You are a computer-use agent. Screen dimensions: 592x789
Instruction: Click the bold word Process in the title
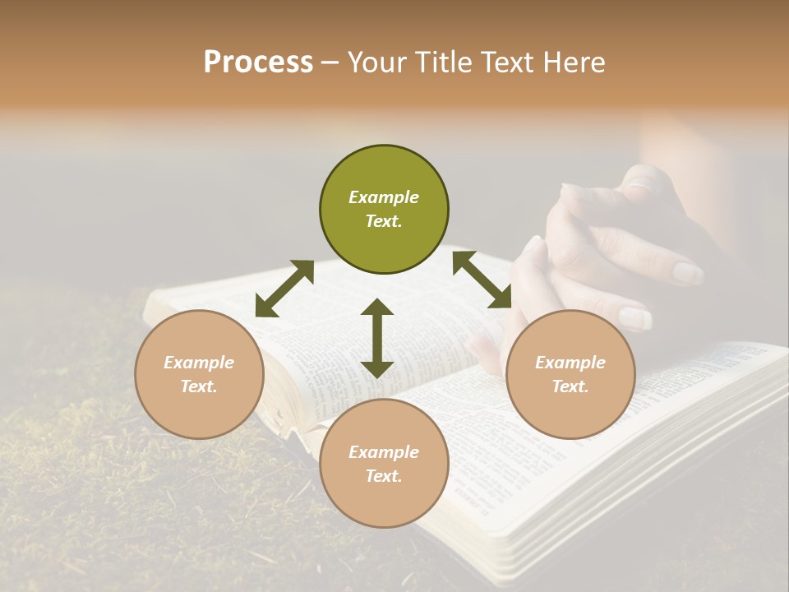pos(258,62)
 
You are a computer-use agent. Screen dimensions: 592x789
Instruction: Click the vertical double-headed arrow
pos(377,338)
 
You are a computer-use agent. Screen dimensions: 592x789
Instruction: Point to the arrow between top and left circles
pos(284,289)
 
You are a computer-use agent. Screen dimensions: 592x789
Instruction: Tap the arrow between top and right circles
pos(482,280)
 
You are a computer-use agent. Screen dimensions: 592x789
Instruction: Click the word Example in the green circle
pos(384,197)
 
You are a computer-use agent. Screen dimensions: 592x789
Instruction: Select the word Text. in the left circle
pos(199,386)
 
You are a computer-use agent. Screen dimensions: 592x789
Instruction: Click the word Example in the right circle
pos(570,363)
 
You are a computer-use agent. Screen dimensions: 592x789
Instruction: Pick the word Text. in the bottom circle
pos(384,476)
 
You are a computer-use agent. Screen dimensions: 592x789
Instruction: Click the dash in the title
pos(330,63)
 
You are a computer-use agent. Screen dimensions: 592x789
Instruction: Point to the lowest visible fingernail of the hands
pos(634,318)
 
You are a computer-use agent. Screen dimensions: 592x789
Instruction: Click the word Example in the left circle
pos(199,363)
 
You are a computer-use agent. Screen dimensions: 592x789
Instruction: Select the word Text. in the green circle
pos(384,221)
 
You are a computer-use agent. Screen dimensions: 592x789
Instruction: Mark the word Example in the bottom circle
pos(384,452)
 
